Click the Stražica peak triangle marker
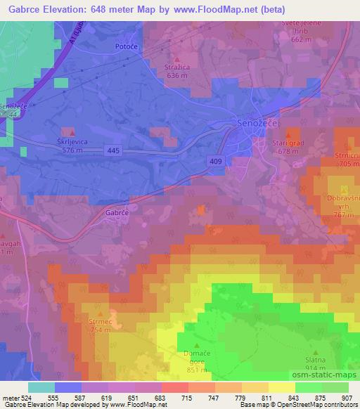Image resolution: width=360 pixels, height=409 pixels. pyautogui.click(x=176, y=60)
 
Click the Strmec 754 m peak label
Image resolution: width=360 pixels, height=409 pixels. pyautogui.click(x=101, y=325)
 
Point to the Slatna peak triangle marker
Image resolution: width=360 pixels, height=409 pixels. pyautogui.click(x=315, y=353)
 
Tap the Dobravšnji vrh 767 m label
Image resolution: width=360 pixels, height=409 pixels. pyautogui.click(x=342, y=207)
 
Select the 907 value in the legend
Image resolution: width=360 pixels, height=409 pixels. pyautogui.click(x=348, y=398)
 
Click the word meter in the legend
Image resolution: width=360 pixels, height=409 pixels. pyautogui.click(x=11, y=398)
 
